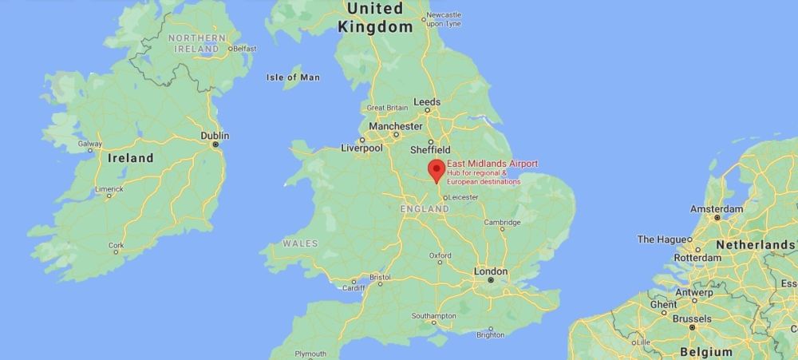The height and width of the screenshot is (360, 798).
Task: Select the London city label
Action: pos(491,271)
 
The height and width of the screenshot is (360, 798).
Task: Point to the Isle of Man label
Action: pos(293,77)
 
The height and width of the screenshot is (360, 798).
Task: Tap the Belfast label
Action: pos(244,49)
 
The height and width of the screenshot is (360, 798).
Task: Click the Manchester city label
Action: pos(396,126)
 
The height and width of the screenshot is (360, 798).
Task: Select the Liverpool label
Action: pos(362,148)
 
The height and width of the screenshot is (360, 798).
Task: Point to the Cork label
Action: pos(117,245)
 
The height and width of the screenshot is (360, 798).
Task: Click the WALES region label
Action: pos(300,243)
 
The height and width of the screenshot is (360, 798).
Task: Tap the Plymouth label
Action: pos(310,354)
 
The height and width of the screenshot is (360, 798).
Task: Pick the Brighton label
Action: pos(490,335)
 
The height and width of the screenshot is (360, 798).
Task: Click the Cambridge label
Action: pos(503,223)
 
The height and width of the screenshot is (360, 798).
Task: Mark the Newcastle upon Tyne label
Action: pos(444,19)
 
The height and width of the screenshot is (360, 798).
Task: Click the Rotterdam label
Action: pos(697,258)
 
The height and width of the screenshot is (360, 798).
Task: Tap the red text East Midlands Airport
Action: pos(492,164)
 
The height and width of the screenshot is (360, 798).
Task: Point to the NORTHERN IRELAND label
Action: pos(196,43)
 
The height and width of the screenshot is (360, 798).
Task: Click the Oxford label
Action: pos(440,255)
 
